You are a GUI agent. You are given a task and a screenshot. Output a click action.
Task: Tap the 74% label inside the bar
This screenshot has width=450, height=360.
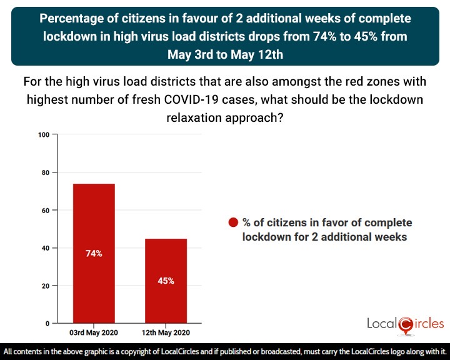point(94,254)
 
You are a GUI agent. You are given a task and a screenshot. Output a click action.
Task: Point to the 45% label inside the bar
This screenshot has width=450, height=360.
point(166,281)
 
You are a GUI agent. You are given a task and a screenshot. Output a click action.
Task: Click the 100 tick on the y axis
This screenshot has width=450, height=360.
point(44,135)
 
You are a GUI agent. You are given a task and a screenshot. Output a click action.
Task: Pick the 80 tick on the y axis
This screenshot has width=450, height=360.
point(46,172)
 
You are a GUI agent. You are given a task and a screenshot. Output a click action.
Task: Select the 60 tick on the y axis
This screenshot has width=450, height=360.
point(46,211)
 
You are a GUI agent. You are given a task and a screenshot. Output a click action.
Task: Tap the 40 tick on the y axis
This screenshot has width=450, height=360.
point(46,248)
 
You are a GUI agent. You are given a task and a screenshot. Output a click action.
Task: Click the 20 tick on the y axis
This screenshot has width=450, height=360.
point(46,286)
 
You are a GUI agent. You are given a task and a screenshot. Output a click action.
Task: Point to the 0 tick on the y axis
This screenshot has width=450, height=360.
point(47,324)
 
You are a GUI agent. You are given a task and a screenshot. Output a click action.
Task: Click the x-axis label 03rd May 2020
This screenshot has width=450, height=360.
point(94,332)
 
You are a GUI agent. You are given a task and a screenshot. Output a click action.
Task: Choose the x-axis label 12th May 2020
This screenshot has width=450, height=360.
point(166,332)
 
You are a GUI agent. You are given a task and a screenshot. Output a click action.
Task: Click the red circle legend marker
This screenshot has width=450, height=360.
point(234,223)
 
